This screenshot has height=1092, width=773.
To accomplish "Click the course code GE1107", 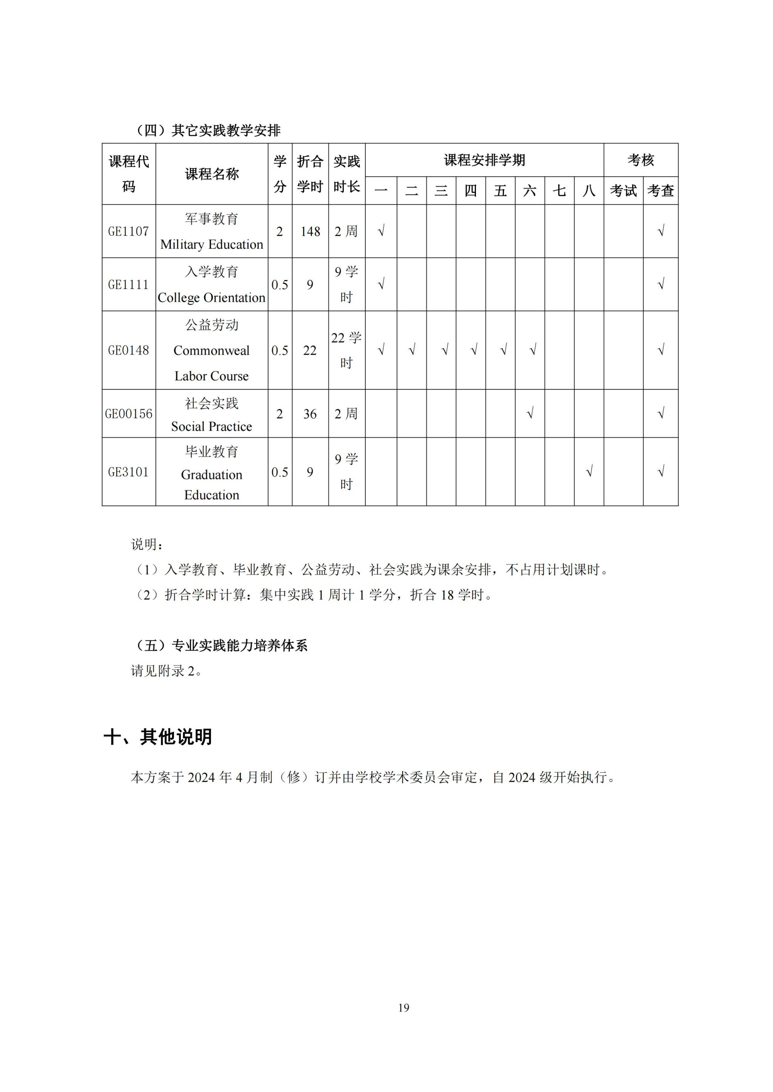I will (x=128, y=232).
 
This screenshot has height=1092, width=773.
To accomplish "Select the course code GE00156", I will (x=128, y=414).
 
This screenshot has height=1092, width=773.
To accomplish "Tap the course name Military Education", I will (x=211, y=244).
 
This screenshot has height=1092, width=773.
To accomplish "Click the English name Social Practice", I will (x=211, y=426).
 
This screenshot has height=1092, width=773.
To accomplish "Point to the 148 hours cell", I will (x=310, y=232).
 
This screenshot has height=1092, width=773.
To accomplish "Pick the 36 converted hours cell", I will (x=310, y=414).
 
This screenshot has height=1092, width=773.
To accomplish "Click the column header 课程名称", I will (x=211, y=174).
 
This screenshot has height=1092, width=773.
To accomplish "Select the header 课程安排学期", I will (x=484, y=160).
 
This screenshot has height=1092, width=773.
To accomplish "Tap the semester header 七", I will (x=559, y=191).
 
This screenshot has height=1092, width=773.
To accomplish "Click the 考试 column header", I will (x=623, y=191).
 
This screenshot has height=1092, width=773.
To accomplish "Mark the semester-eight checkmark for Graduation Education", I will (x=589, y=472).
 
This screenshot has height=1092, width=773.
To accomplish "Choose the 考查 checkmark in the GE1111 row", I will (x=660, y=284).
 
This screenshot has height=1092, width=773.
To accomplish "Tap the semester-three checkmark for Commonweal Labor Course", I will (x=445, y=350).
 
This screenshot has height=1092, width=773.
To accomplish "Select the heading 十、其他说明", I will (x=157, y=737).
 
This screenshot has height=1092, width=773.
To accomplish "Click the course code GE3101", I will (x=128, y=472).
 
